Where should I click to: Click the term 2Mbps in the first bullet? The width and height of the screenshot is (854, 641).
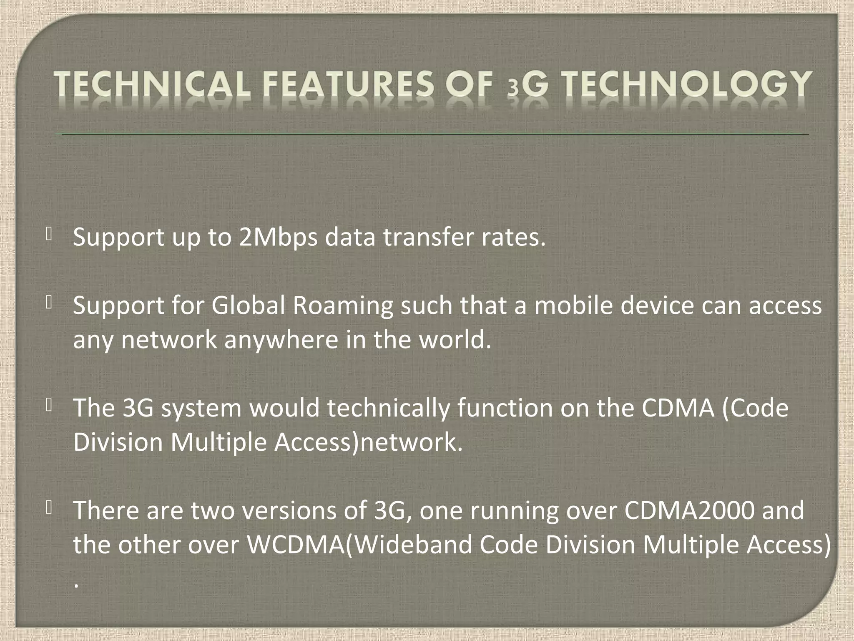tap(278, 237)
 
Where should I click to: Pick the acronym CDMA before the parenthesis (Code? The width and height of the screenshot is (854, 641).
tap(677, 408)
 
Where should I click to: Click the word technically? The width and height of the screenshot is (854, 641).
tap(388, 408)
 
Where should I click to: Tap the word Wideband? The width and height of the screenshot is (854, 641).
tap(413, 545)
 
